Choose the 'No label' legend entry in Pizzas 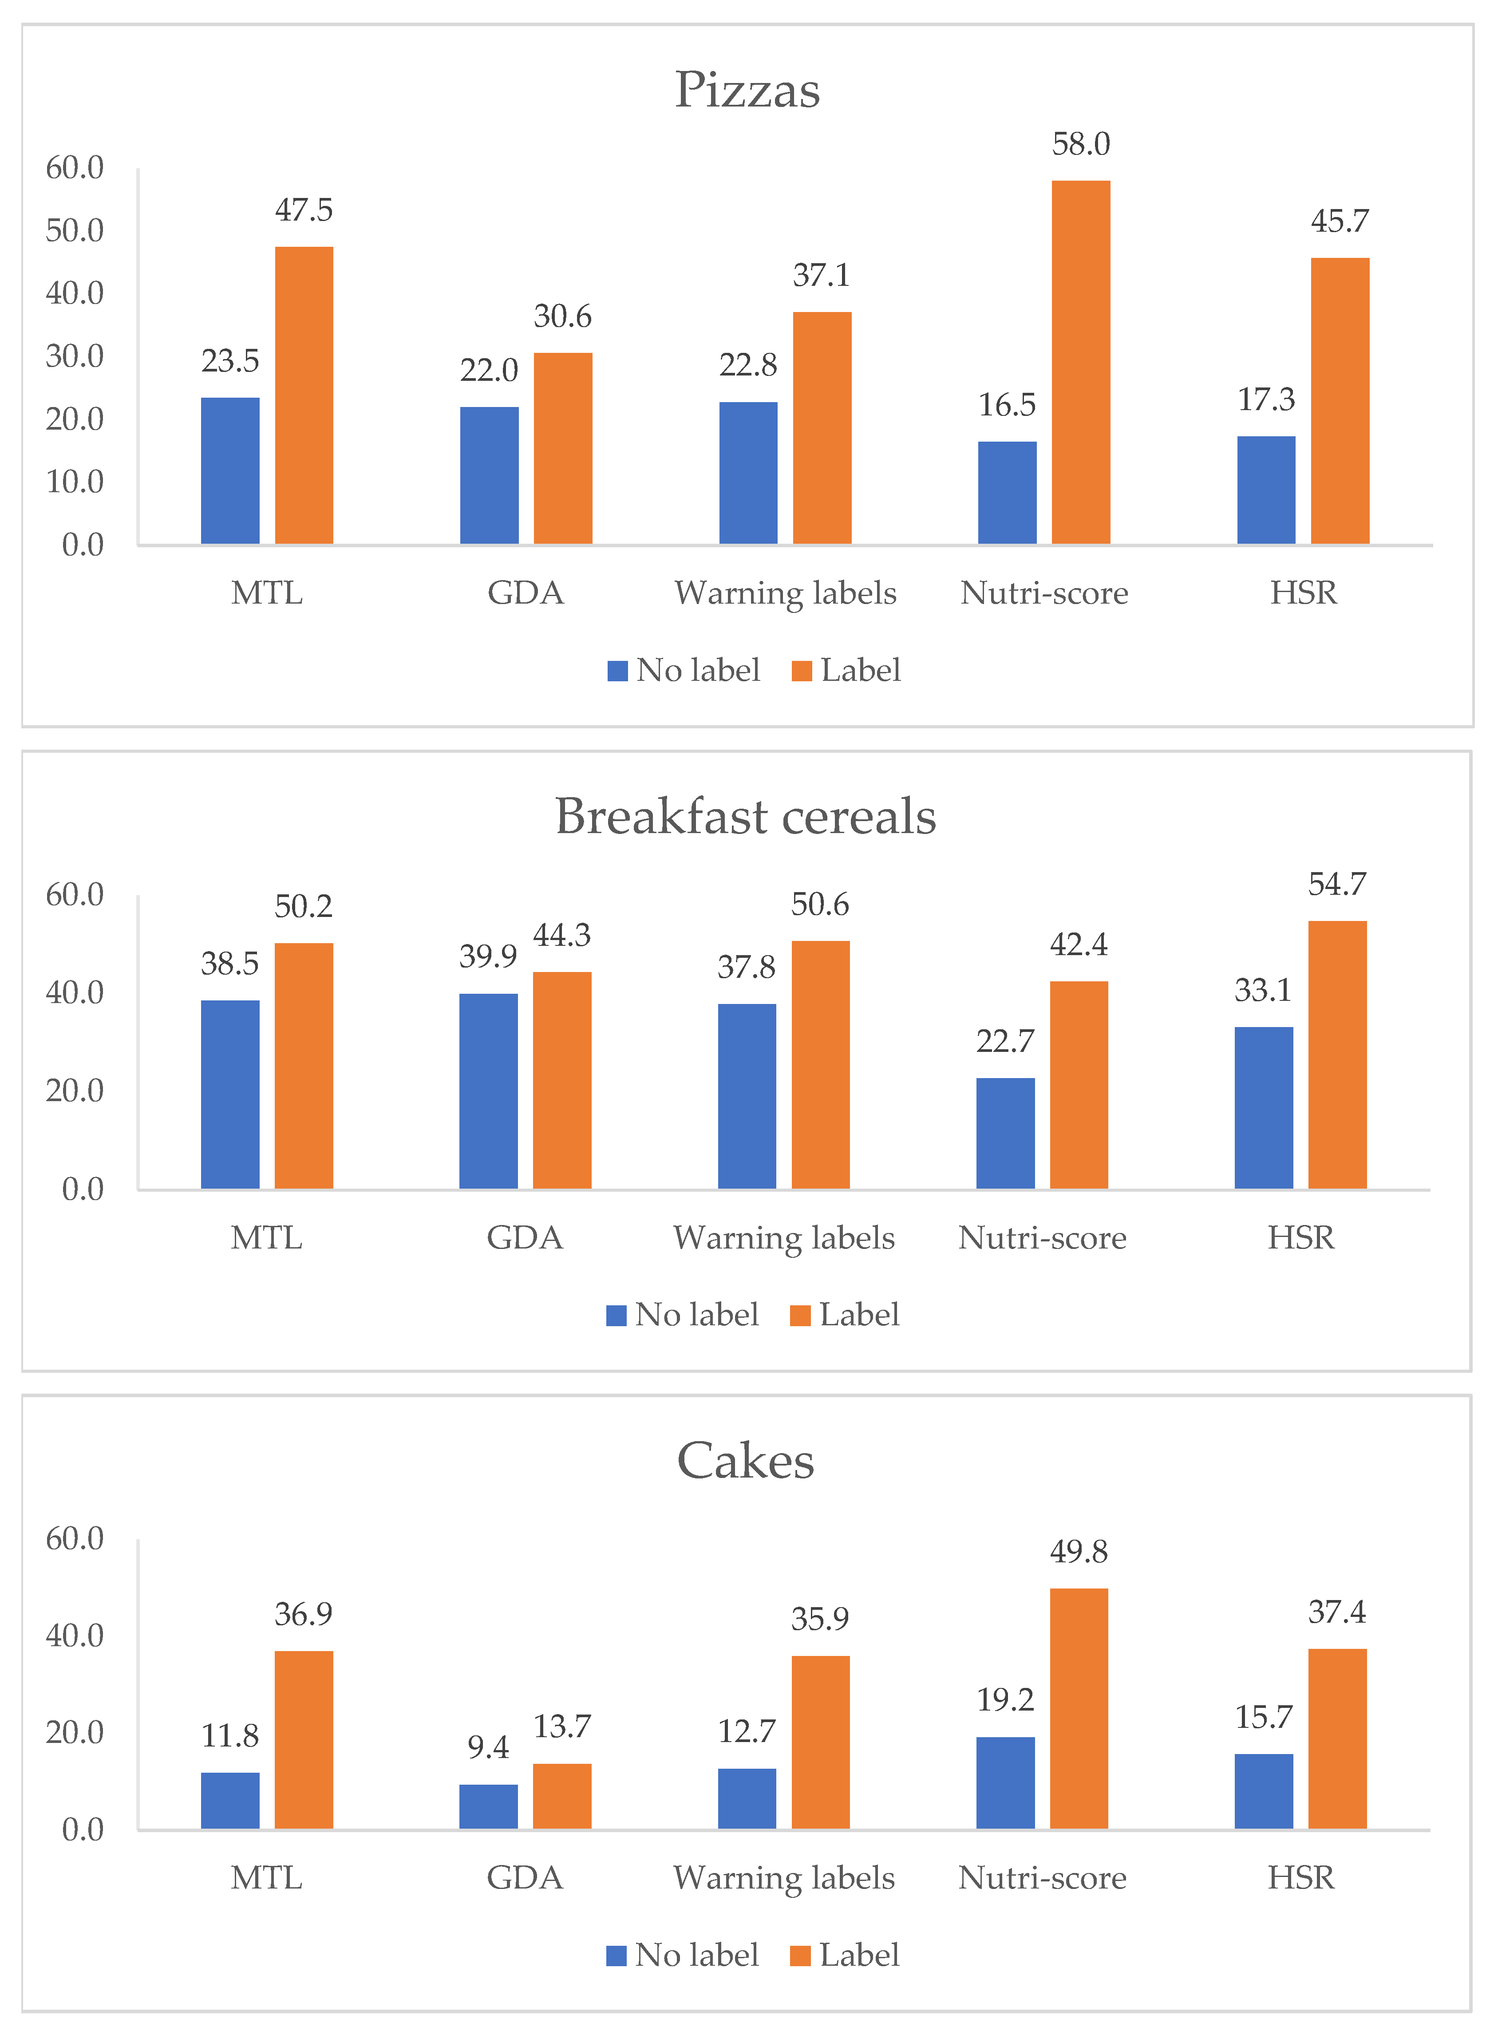[684, 670]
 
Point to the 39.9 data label [488, 956]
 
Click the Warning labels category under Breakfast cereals [784, 1237]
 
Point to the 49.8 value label [1079, 1552]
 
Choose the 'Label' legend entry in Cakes [845, 1955]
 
